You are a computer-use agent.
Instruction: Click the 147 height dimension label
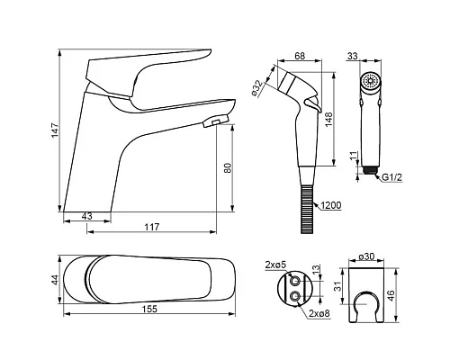[55, 130]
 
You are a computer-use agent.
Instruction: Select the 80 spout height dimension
[228, 167]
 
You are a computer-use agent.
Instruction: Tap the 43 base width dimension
[87, 216]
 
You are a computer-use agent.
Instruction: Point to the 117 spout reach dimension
[152, 227]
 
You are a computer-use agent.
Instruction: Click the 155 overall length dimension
[150, 309]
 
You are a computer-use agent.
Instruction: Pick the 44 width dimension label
[55, 280]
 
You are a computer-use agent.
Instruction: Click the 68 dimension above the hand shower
[300, 56]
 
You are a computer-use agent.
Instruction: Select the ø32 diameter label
[257, 88]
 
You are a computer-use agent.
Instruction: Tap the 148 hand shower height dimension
[329, 120]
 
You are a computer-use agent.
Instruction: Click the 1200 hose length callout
[331, 205]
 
